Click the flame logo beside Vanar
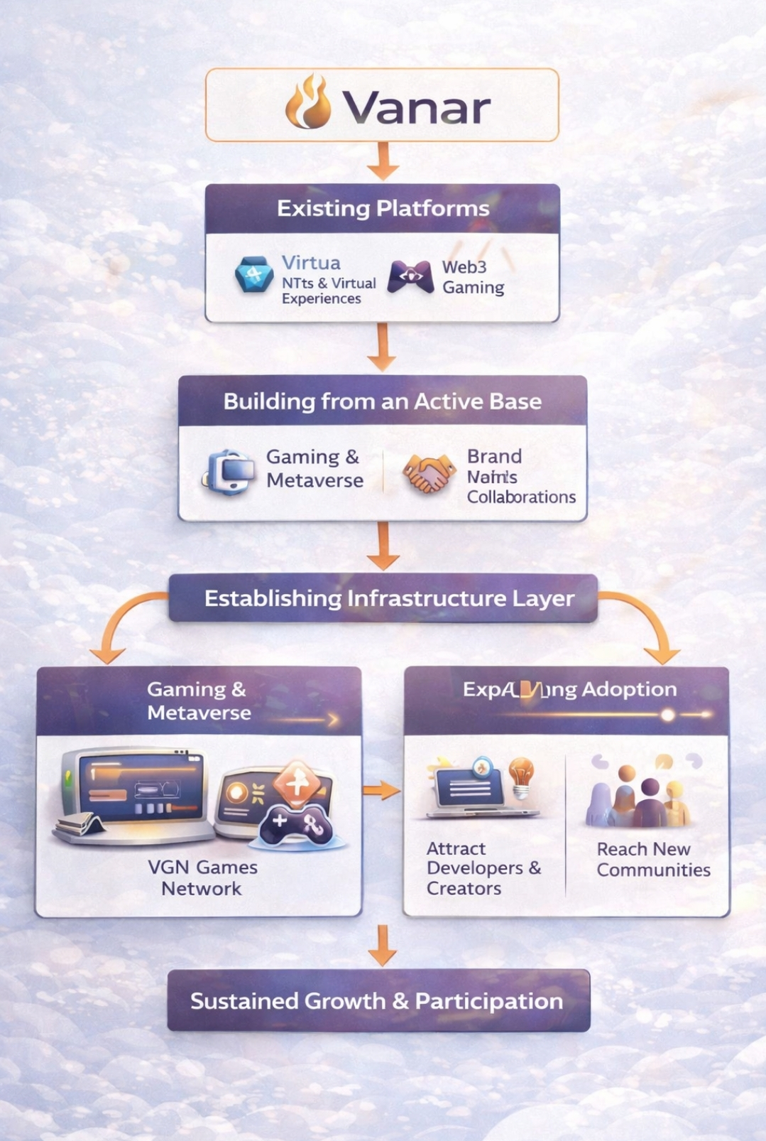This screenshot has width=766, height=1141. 309,103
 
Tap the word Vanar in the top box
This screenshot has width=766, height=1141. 417,107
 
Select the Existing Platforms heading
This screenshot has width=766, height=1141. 383,208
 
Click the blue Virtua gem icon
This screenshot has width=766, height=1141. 254,275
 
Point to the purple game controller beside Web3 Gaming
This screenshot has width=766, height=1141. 410,276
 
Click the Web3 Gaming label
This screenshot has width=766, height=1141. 473,277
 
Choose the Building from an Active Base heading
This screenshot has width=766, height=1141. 382,401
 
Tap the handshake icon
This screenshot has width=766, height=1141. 428,473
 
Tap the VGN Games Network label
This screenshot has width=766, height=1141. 202,877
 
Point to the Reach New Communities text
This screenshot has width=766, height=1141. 653,859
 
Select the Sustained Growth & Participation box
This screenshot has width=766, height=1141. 378,1000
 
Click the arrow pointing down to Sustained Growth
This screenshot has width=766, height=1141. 383,946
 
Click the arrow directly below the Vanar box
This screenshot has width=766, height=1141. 383,161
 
